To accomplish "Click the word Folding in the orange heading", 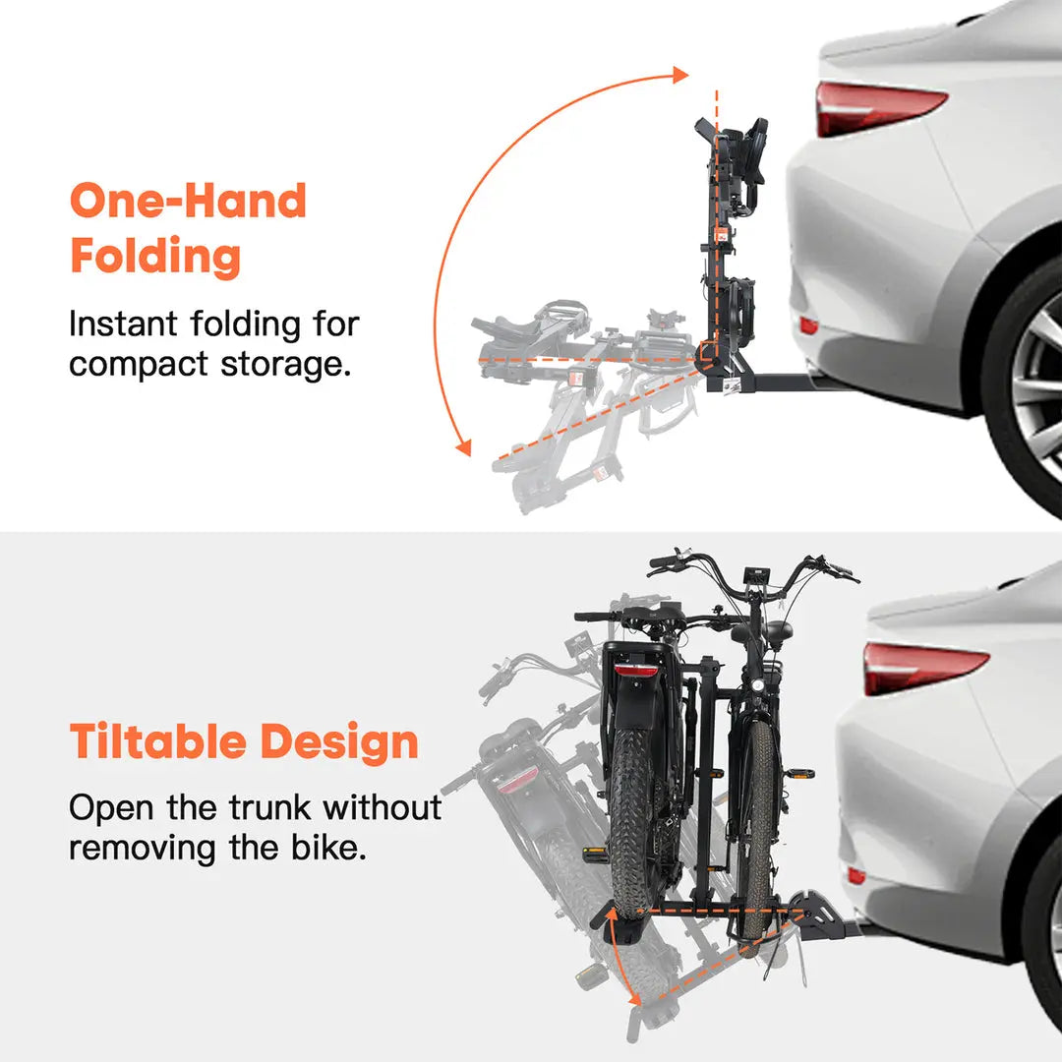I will [155, 256].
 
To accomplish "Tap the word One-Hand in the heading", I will [188, 201].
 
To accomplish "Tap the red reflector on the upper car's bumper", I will [809, 325].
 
